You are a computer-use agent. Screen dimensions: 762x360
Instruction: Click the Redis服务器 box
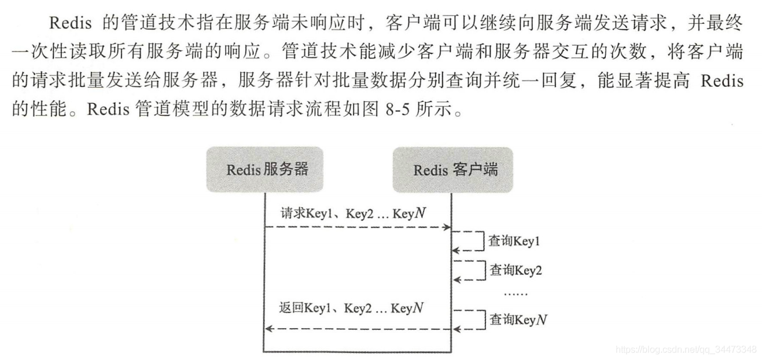[264, 170]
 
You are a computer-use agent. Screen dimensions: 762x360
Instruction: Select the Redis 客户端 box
[453, 170]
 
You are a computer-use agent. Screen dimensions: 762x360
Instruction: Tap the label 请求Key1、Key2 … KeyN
[353, 214]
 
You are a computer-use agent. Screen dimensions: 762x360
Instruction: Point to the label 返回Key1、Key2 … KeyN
[351, 308]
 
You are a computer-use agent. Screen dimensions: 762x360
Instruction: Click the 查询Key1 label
[514, 241]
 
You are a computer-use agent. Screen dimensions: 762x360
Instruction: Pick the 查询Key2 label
[516, 270]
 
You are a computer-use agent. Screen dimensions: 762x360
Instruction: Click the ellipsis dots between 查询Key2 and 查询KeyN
[516, 293]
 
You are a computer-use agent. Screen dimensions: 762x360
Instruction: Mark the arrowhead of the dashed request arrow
[447, 227]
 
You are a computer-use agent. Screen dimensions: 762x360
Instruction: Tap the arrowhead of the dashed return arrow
[270, 329]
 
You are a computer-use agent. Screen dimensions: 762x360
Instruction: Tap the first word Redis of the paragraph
[71, 23]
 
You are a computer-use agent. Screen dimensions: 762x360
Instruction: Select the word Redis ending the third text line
[722, 81]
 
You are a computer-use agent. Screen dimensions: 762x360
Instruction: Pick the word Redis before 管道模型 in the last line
[108, 109]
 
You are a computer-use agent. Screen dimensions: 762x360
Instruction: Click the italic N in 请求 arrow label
[421, 213]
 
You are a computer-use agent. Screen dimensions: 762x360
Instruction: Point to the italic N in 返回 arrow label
[418, 308]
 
